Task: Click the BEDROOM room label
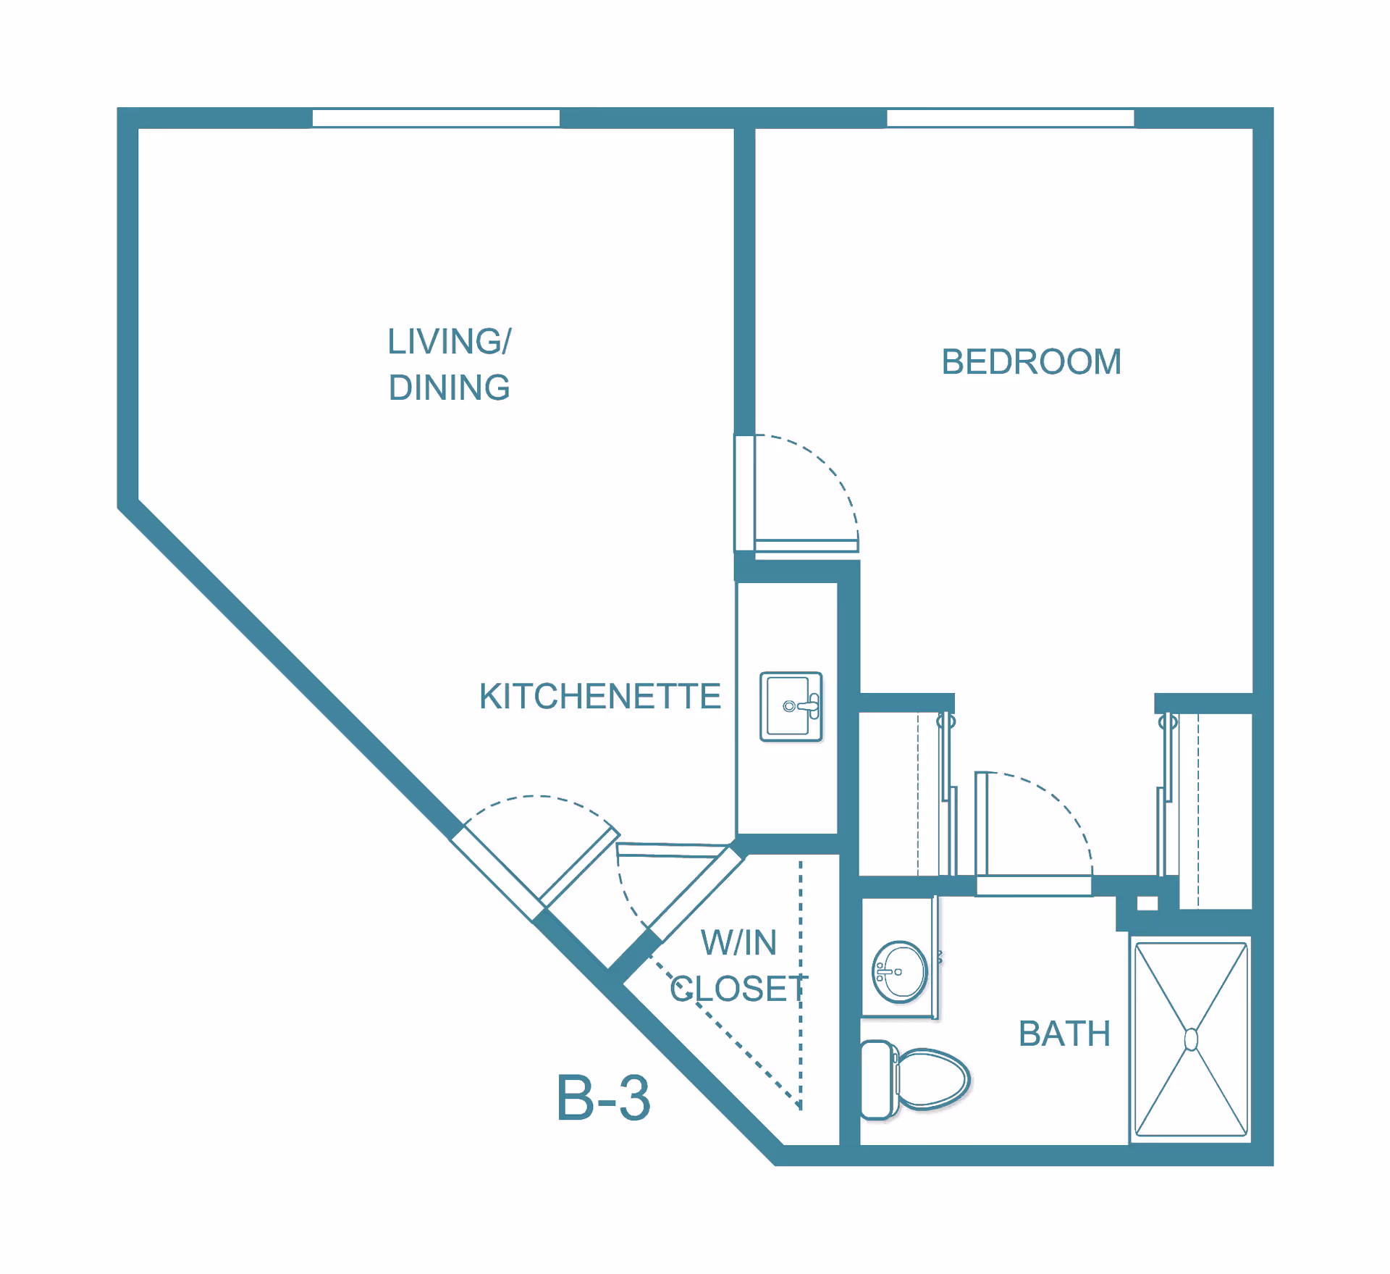[x=1031, y=361]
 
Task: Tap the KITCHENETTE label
[x=600, y=696]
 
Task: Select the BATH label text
[x=1064, y=1034]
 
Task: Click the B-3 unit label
[x=603, y=1099]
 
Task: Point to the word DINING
[x=449, y=387]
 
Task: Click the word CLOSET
[x=738, y=989]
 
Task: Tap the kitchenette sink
[x=791, y=707]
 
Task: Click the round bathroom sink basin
[x=900, y=972]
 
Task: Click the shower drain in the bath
[x=1191, y=1039]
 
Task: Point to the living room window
[x=436, y=118]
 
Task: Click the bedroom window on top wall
[x=1011, y=118]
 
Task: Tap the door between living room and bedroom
[x=806, y=546]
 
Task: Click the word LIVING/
[x=450, y=341]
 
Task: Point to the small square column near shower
[x=1147, y=903]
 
